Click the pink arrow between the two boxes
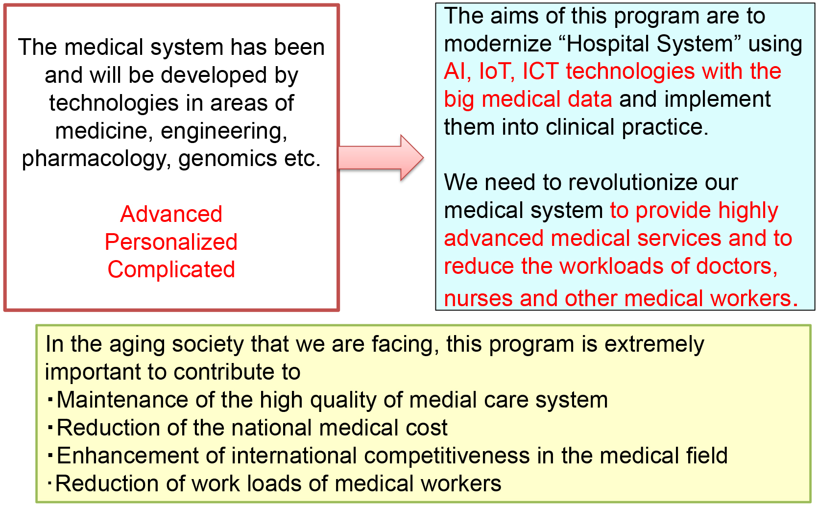point(381,158)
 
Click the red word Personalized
point(171,241)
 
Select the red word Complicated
point(171,270)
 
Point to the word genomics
point(227,159)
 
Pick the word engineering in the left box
point(224,131)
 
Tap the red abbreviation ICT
point(540,71)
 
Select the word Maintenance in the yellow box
point(122,400)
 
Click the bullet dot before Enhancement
point(50,455)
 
